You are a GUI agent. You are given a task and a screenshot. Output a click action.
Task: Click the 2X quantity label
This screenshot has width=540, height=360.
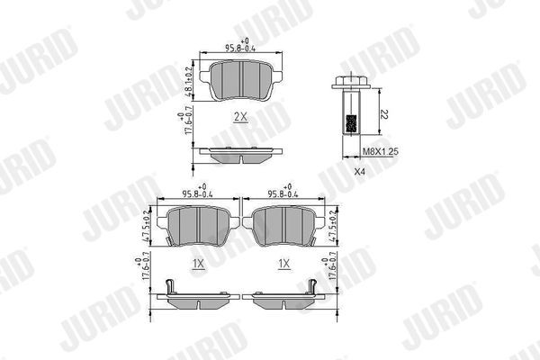coord(239,117)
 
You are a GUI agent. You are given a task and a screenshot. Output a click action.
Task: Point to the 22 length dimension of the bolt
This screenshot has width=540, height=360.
coord(382,113)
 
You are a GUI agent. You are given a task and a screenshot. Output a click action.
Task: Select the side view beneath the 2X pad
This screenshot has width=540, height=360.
coord(239,153)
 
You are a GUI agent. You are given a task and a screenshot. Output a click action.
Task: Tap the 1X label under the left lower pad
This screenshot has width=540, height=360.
coord(197,264)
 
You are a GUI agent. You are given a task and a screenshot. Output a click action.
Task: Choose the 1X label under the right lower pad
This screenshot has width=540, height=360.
coord(284,264)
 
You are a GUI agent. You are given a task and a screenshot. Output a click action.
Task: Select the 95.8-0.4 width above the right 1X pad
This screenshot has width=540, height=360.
coord(283,193)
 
